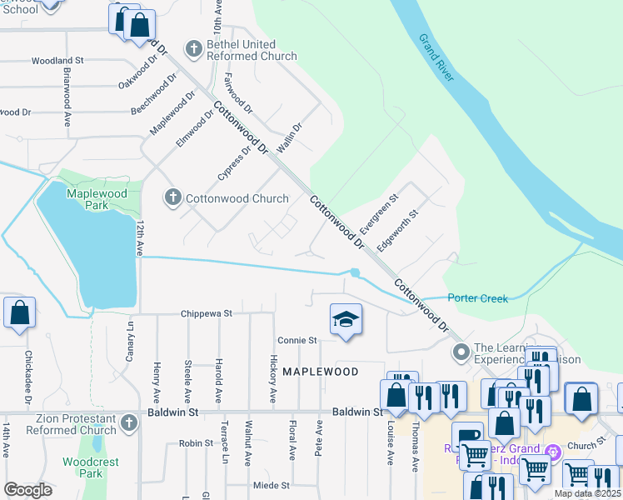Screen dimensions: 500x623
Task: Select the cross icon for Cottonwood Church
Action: coord(172,197)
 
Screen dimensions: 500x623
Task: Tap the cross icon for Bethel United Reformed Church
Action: coord(193,49)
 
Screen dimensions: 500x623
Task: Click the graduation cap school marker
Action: coord(346,319)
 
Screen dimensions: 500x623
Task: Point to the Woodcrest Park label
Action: coord(91,467)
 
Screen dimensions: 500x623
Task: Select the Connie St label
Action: coord(297,340)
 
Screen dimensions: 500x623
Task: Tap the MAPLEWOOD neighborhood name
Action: coord(320,372)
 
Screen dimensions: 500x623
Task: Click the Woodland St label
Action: coord(58,61)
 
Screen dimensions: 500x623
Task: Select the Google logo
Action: coord(27,490)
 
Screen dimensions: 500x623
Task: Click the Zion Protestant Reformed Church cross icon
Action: coord(128,423)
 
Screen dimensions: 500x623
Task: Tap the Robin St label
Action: coord(197,444)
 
